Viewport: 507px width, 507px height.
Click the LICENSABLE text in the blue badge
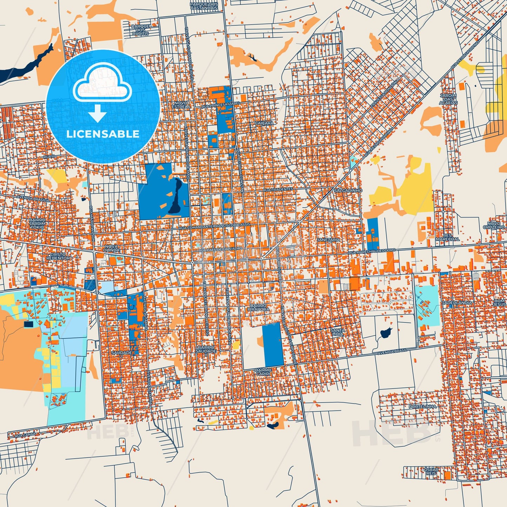(103, 134)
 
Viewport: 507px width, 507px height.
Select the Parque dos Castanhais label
(204, 6)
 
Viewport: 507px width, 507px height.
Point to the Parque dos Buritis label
(141, 30)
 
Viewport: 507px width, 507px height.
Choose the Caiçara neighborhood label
(264, 123)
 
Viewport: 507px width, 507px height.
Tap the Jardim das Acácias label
(448, 99)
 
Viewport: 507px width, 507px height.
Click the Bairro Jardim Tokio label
(38, 223)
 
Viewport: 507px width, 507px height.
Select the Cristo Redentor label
(58, 256)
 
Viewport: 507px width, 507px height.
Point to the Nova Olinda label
(112, 248)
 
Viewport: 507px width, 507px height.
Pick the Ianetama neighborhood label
(329, 240)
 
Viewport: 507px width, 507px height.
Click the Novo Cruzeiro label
(496, 225)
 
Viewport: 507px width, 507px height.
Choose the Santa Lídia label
(338, 332)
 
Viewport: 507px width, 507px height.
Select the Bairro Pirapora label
(259, 308)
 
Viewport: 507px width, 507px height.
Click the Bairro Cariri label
(263, 372)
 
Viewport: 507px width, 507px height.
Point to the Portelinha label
(422, 406)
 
